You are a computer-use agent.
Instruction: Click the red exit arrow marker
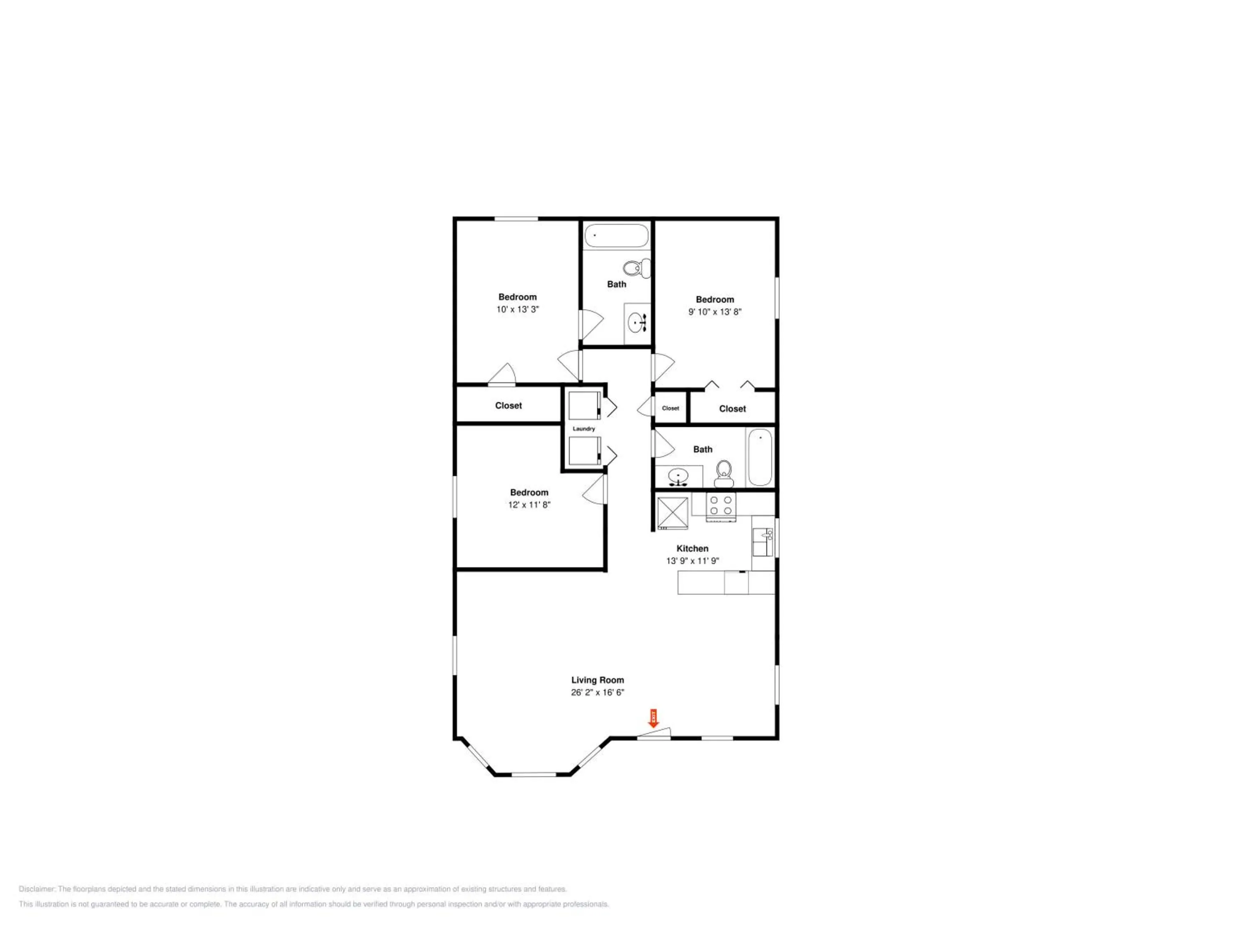(654, 718)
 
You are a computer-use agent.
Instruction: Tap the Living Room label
(597, 680)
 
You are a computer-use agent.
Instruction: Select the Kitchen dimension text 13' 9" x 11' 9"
(692, 561)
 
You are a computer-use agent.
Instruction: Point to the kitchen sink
(763, 542)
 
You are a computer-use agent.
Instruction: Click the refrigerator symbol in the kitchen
(673, 513)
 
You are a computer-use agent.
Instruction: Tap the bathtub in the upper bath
(616, 236)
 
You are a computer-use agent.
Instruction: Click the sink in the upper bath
(638, 323)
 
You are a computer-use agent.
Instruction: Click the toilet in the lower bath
(724, 474)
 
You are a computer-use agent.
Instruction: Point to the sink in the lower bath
(679, 477)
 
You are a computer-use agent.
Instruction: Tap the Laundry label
(584, 428)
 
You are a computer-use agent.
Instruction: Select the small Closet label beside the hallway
(671, 408)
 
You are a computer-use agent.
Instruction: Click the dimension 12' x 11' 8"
(529, 505)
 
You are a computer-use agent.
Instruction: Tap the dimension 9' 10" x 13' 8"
(715, 311)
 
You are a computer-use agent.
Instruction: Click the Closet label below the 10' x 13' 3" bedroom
(508, 406)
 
